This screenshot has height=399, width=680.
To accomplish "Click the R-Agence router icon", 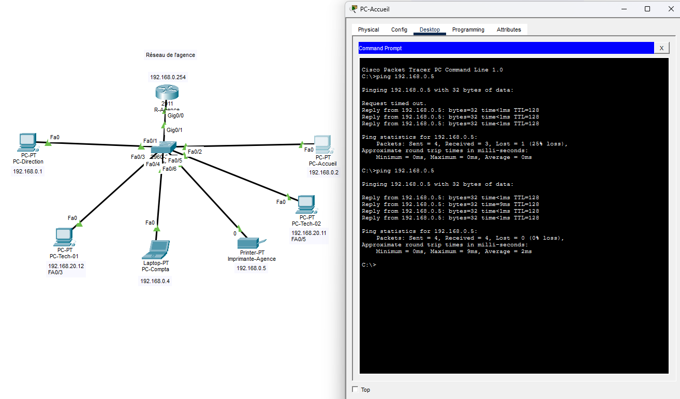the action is pos(167,92).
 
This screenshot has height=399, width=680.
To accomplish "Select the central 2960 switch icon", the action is pos(164,147).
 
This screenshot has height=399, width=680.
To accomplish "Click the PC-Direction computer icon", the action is pos(28,142).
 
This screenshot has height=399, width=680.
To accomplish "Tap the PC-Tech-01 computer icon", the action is pos(64,237).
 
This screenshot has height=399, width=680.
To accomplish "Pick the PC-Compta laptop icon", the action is pos(156,250).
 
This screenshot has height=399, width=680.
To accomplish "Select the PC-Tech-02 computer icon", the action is pos(306,204).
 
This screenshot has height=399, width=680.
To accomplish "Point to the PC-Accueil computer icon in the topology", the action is pos(323,144).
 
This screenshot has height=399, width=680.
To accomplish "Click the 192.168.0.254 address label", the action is pos(168,77).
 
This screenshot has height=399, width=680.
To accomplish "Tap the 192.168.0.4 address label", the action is pos(155,281).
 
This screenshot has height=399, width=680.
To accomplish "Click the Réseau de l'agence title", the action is pos(170,55).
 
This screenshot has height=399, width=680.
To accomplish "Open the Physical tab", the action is pos(368,30).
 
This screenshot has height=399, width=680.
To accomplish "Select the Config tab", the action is pos(399,30).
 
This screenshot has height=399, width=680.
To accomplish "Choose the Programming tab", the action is pos(468,30).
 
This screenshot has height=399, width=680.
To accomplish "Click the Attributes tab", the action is pos(509,30).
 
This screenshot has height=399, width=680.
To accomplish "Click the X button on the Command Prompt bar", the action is pos(661,48).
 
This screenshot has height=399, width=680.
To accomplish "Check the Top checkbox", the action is pos(355,389).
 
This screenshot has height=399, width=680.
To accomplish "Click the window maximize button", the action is pos(647,9).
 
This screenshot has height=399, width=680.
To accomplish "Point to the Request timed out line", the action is pos(394,104).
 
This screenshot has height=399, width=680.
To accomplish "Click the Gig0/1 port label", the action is pos(174,130).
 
